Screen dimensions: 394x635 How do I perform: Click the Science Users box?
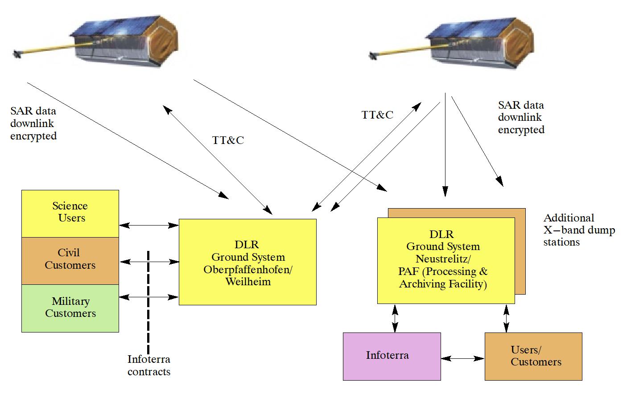70,213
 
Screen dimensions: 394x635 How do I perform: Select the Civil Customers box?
70,260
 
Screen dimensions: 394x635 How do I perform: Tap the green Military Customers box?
70,308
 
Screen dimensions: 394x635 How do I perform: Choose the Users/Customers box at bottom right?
533,356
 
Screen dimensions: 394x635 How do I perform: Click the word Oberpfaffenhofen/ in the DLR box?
247,270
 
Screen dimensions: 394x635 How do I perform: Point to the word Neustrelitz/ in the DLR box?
443,259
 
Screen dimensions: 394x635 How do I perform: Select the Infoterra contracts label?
149,365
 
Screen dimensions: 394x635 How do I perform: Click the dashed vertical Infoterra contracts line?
148,303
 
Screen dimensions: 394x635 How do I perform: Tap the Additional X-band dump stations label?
579,230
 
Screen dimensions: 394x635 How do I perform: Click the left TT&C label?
228,140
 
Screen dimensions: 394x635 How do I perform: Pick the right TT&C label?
377,115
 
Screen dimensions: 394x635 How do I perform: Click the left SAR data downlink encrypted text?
33,123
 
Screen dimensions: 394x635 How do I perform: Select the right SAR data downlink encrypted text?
521,118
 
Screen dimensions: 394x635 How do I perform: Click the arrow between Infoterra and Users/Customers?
462,358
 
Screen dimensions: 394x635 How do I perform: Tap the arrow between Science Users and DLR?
149,226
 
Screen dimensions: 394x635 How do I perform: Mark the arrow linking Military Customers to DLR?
149,297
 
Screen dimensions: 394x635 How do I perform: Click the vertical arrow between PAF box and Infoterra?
395,318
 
